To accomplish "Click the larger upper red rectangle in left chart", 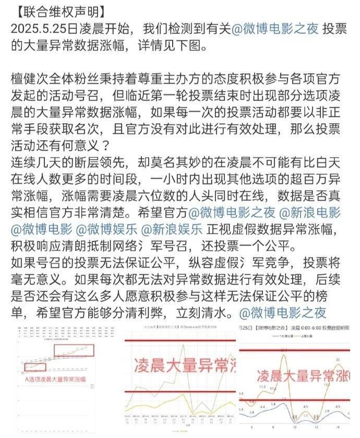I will tap(75, 350).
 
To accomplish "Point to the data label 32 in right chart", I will tap(339, 359).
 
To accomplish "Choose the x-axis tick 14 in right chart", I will tap(337, 427).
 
